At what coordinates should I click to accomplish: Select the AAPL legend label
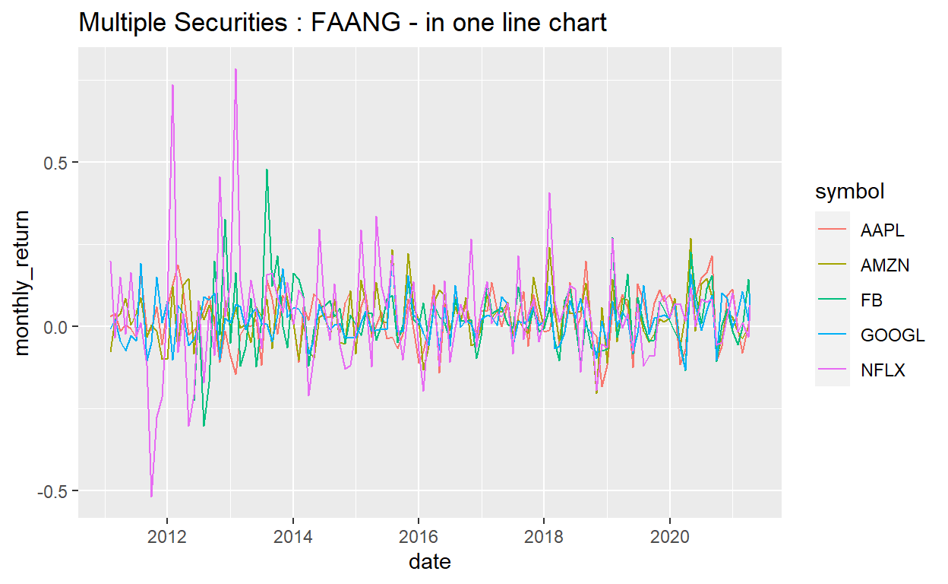(x=883, y=230)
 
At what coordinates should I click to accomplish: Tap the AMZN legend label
(x=885, y=265)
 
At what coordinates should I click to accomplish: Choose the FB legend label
(x=871, y=300)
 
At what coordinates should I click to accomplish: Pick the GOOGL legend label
(x=893, y=335)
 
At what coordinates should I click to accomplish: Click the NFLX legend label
(x=883, y=370)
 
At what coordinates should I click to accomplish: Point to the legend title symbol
(x=849, y=192)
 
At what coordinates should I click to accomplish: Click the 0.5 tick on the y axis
(x=56, y=163)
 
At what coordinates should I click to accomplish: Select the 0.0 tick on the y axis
(x=56, y=327)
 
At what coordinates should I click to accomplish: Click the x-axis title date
(x=429, y=563)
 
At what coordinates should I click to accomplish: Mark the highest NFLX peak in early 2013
(x=236, y=69)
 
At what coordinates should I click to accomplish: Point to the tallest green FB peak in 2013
(x=267, y=170)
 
